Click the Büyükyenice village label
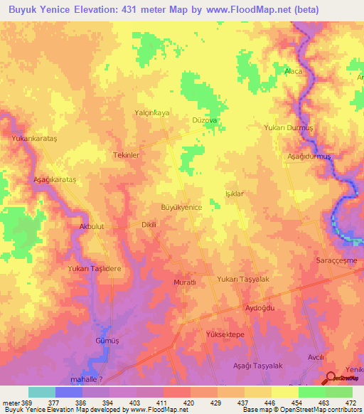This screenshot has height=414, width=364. [182, 206]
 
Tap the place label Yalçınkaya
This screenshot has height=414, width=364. [152, 112]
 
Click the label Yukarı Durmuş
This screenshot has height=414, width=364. [289, 127]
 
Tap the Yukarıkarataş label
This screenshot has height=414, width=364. [33, 139]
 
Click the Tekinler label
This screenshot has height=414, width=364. [126, 154]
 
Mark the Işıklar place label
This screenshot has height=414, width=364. [235, 193]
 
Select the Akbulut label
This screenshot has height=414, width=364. [87, 227]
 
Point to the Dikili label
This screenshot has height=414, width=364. [148, 224]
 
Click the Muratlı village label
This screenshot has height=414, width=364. [185, 282]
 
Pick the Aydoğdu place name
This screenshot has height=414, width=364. [259, 308]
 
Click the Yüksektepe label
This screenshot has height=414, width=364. [225, 334]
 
